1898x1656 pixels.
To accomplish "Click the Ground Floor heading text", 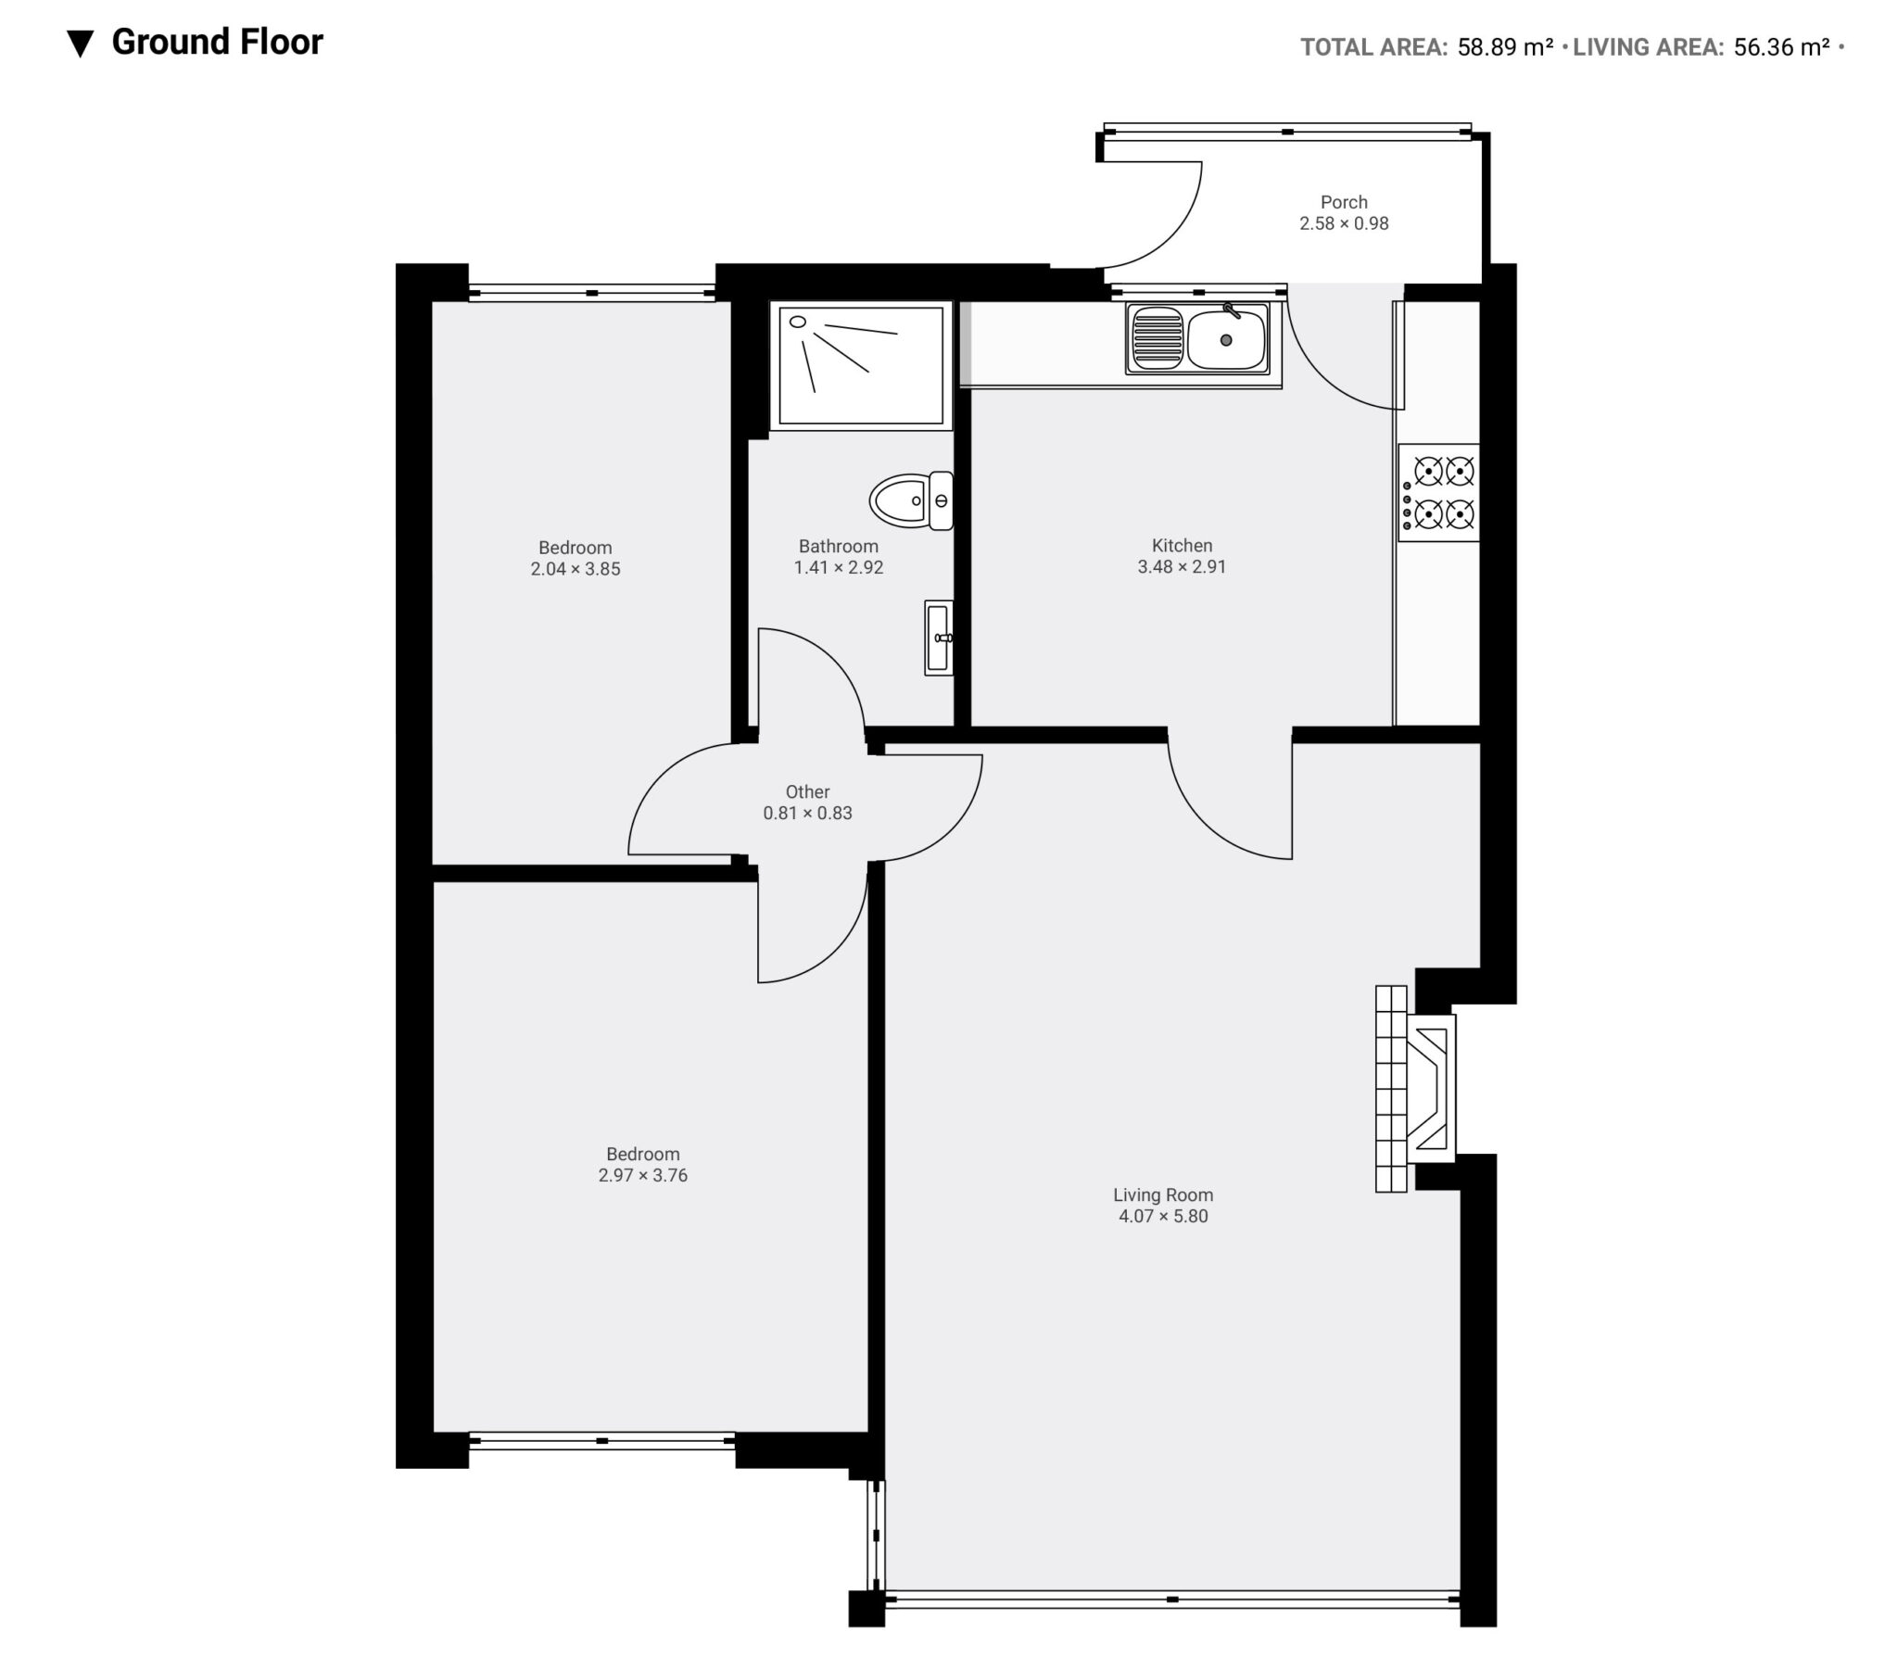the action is pyautogui.click(x=217, y=43).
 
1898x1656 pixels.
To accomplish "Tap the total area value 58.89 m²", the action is pyautogui.click(x=1505, y=47).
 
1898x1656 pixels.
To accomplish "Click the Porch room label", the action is pyautogui.click(x=1344, y=202).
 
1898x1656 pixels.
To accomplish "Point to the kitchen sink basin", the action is pyautogui.click(x=1227, y=339).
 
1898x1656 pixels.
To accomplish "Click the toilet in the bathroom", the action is pyautogui.click(x=912, y=500).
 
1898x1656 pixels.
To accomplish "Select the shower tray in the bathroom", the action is pyautogui.click(x=861, y=365).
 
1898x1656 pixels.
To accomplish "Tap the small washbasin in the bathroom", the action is pyautogui.click(x=939, y=637).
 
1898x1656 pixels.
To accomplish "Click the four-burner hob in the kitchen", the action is pyautogui.click(x=1439, y=492).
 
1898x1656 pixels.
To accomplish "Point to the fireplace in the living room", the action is pyautogui.click(x=1416, y=1088).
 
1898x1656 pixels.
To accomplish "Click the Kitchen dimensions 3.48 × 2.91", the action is pyautogui.click(x=1182, y=567).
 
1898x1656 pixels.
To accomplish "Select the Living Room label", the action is pyautogui.click(x=1163, y=1195).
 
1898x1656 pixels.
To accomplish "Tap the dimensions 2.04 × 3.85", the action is pyautogui.click(x=576, y=569).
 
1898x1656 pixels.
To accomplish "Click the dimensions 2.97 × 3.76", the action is pyautogui.click(x=643, y=1176).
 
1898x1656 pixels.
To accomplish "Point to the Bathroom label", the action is pyautogui.click(x=839, y=546).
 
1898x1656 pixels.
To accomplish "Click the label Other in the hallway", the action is pyautogui.click(x=807, y=791).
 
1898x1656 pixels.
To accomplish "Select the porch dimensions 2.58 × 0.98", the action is pyautogui.click(x=1344, y=223).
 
